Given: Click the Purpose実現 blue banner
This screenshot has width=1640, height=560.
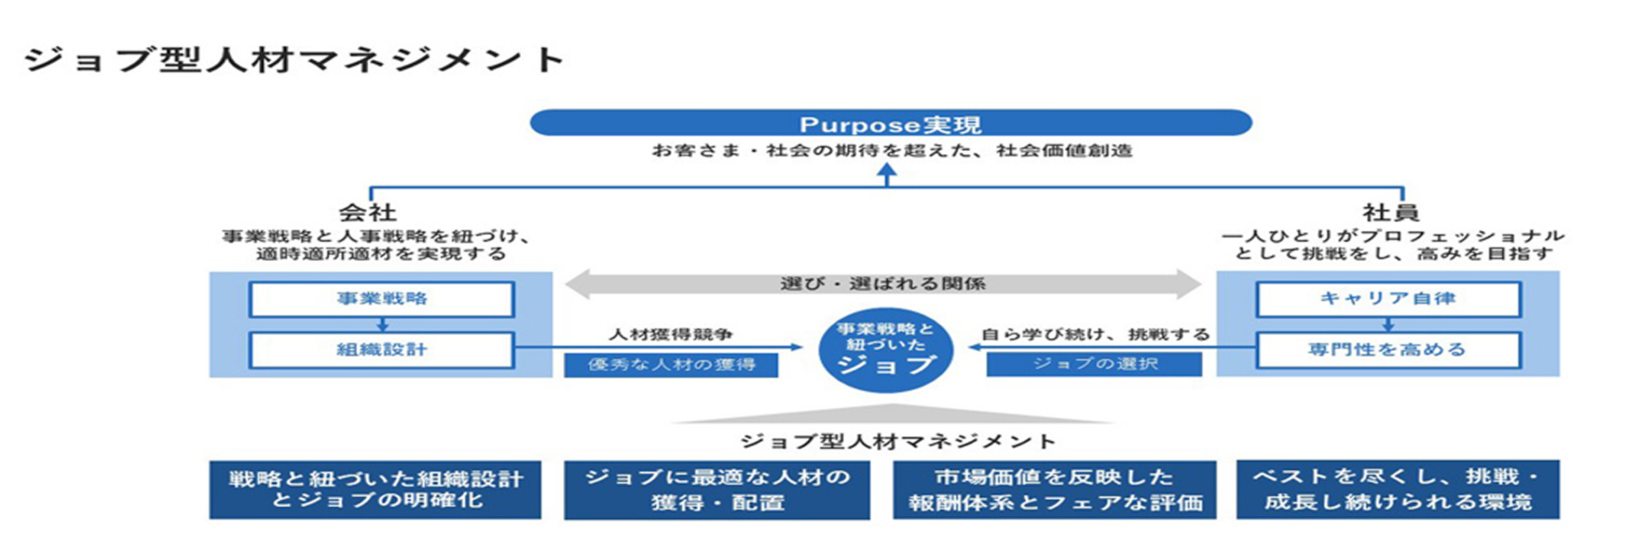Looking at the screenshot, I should [890, 124].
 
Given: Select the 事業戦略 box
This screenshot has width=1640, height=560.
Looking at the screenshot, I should [381, 299].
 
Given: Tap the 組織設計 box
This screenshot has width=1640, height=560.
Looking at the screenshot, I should [381, 350].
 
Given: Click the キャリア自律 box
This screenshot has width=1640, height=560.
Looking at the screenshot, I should [1388, 299].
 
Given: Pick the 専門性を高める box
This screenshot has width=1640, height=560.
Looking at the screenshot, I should [1388, 350].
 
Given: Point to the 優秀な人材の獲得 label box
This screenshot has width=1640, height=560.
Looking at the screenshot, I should [670, 365].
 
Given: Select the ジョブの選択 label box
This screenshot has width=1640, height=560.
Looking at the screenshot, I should [1094, 364].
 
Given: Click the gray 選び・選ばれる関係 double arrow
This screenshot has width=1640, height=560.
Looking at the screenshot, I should [883, 284].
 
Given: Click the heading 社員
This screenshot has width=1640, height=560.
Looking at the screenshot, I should [1391, 213].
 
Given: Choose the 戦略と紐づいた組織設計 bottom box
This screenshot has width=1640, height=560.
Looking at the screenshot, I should [375, 490].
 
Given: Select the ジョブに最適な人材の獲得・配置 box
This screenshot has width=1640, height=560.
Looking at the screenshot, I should [717, 490].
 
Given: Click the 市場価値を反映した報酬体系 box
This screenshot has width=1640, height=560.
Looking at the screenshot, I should [1054, 490].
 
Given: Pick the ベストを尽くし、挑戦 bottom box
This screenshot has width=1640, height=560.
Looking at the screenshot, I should [1397, 489].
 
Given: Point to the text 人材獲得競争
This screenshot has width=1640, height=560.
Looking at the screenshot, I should [670, 335].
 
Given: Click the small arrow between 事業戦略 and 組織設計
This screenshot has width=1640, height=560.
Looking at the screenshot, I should [382, 324].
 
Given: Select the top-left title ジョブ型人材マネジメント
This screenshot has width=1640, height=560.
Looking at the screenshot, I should [294, 60].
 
